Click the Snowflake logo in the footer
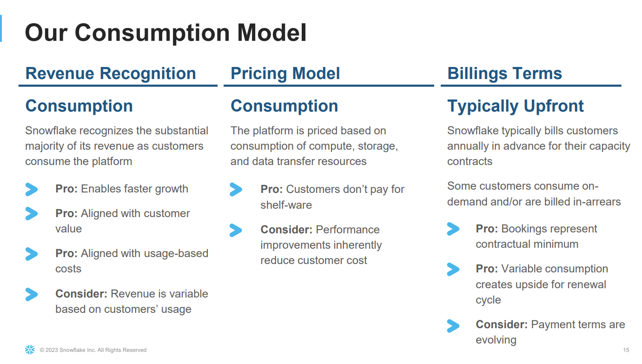pyautogui.click(x=30, y=350)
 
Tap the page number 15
pyautogui.click(x=626, y=350)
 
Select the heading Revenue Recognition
pyautogui.click(x=111, y=73)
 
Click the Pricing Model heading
pyautogui.click(x=285, y=73)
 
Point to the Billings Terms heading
pyautogui.click(x=505, y=73)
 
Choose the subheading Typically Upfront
pyautogui.click(x=516, y=106)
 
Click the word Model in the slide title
pyautogui.click(x=271, y=33)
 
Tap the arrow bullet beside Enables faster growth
pyautogui.click(x=32, y=190)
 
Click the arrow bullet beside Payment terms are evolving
pyautogui.click(x=453, y=326)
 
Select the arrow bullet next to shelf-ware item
pyautogui.click(x=236, y=190)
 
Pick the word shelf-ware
pyautogui.click(x=286, y=205)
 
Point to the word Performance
pyautogui.click(x=348, y=230)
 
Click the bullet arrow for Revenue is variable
pyautogui.click(x=32, y=294)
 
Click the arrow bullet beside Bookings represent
pyautogui.click(x=453, y=229)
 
